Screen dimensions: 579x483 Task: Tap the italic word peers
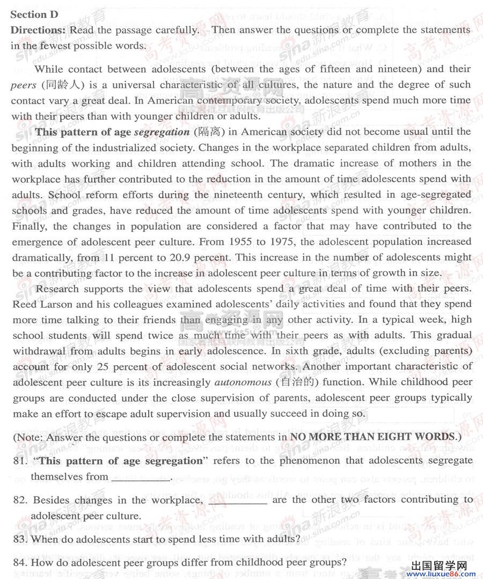[x=23, y=85]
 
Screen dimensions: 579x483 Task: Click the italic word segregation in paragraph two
[x=162, y=132]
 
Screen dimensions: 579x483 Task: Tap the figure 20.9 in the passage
[x=181, y=257]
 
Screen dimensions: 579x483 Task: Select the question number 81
[x=20, y=461]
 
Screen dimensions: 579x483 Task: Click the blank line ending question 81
[x=140, y=480]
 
